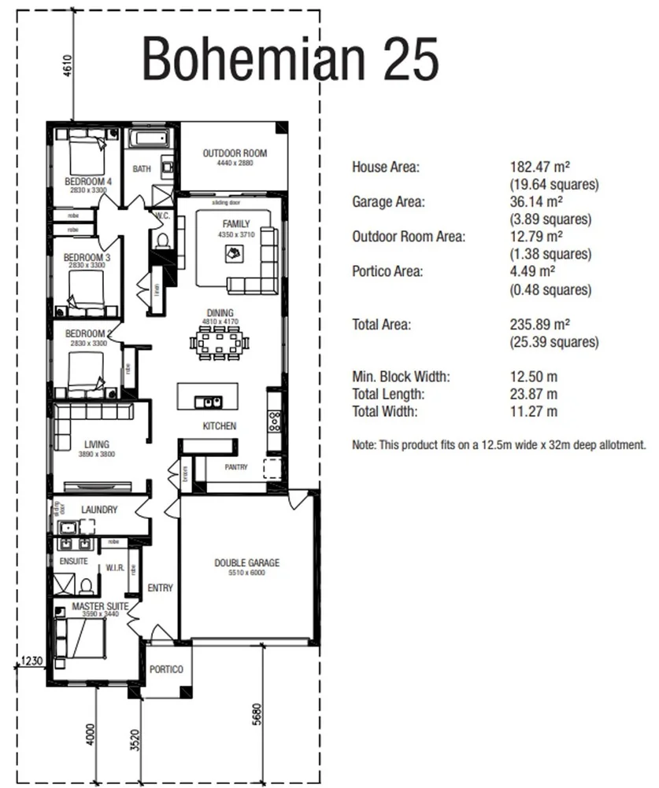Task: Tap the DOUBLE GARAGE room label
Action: point(246,563)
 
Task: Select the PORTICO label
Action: point(166,669)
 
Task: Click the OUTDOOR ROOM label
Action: point(235,153)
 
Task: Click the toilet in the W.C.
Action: point(162,238)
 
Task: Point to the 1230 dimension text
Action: point(32,661)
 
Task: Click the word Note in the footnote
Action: point(363,444)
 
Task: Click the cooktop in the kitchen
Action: point(275,422)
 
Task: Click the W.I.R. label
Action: point(114,567)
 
